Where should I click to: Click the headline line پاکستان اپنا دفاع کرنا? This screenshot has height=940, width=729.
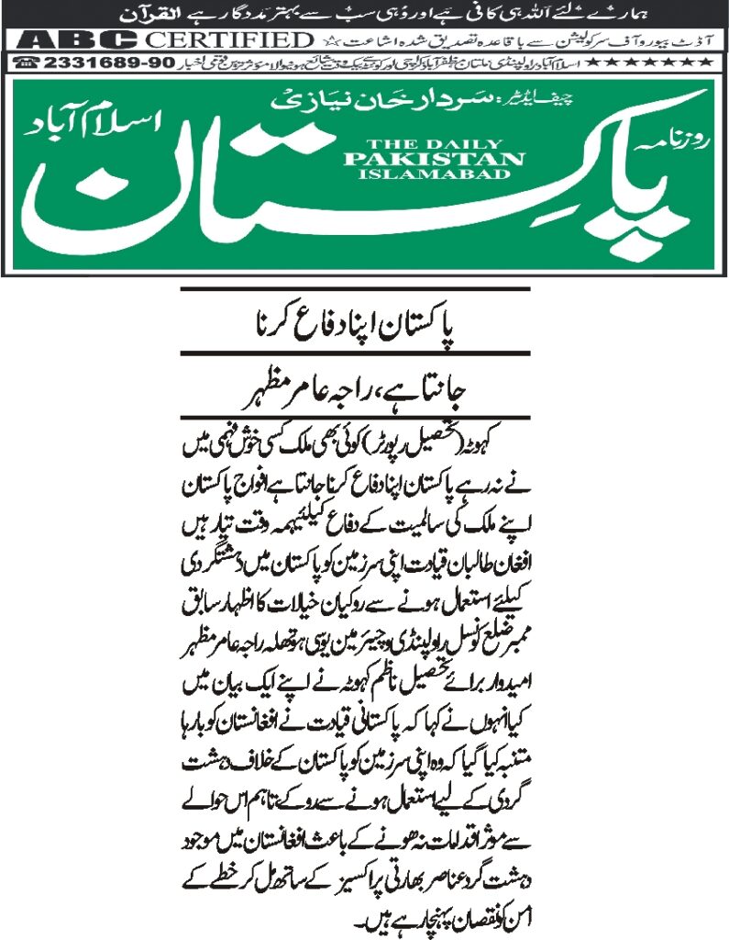[356, 325]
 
